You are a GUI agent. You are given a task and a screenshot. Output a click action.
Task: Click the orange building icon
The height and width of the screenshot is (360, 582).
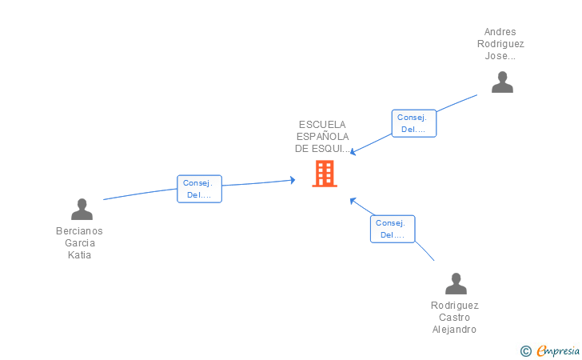(324, 174)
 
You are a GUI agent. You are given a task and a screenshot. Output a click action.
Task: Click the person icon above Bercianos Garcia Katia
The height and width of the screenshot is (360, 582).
(82, 210)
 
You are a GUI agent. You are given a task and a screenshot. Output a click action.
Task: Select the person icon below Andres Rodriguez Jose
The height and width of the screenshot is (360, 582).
(502, 82)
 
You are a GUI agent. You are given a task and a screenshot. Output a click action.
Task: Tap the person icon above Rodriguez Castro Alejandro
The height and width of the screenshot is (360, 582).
(456, 284)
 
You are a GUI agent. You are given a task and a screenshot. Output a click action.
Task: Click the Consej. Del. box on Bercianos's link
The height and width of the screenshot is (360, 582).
(199, 189)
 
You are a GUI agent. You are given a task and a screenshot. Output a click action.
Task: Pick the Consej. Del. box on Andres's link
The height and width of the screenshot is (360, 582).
(414, 123)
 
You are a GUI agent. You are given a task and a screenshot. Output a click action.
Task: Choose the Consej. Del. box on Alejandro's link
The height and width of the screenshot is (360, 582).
(393, 229)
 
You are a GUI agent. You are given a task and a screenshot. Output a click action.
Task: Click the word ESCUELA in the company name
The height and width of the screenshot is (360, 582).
(322, 125)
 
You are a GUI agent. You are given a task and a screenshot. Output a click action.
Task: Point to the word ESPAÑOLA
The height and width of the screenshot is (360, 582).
(322, 137)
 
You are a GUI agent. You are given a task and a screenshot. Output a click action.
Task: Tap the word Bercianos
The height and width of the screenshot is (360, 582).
(79, 231)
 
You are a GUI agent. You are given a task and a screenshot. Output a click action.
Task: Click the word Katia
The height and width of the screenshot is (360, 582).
(79, 255)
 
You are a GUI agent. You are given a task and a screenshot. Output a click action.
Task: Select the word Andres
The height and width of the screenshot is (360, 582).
(500, 32)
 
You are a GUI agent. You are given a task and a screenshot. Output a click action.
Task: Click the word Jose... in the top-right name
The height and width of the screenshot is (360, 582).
(500, 56)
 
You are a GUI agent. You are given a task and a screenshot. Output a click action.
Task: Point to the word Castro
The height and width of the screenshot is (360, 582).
(455, 318)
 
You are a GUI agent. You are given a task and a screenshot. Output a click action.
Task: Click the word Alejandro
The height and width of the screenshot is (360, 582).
(455, 330)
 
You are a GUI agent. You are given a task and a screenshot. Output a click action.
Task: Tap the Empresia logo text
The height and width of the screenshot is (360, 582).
(557, 350)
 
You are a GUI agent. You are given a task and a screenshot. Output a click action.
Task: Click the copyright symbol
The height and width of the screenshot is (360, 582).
(525, 350)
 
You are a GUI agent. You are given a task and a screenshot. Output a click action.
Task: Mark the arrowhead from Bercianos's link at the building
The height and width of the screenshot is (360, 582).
(293, 180)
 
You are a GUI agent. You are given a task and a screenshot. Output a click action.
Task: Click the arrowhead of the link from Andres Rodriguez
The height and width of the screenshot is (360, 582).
(353, 152)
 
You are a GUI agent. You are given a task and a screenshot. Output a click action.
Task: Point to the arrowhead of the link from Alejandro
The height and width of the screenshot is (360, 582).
(352, 199)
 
